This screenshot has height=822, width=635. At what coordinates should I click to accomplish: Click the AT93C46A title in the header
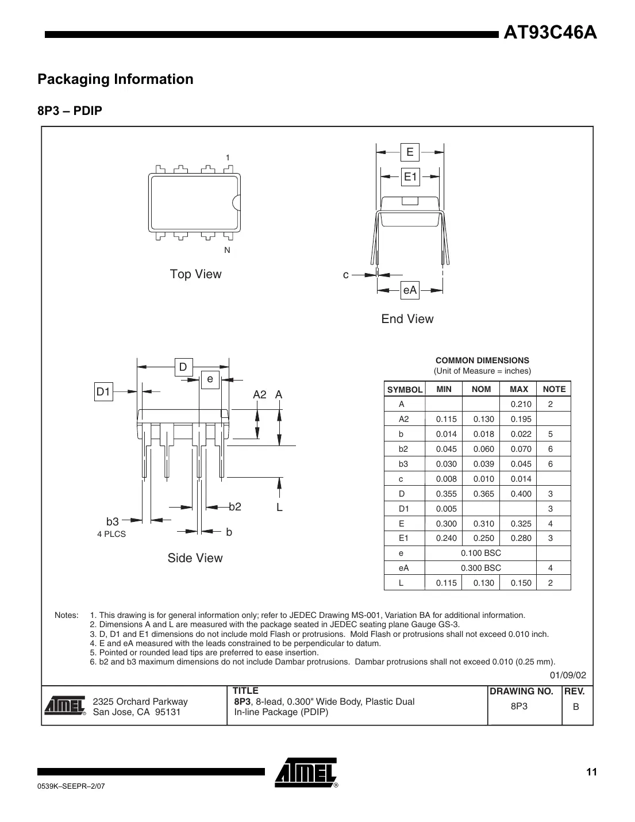(x=550, y=33)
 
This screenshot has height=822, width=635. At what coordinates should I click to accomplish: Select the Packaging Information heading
(x=116, y=79)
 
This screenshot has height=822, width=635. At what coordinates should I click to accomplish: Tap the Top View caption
(x=195, y=274)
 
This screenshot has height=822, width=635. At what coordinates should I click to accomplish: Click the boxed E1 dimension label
(x=410, y=177)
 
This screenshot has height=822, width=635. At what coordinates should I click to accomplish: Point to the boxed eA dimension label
(x=410, y=290)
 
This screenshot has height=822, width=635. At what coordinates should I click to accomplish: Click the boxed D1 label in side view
(x=103, y=392)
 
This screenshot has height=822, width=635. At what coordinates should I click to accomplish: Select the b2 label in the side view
(x=235, y=507)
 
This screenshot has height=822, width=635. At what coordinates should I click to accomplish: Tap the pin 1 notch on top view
(x=236, y=202)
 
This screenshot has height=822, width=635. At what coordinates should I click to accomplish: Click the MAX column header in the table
(x=518, y=389)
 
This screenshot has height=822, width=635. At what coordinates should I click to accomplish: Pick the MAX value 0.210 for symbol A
(x=521, y=404)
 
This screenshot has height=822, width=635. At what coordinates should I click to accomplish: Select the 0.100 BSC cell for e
(x=481, y=553)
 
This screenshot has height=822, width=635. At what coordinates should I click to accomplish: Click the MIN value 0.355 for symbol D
(x=446, y=494)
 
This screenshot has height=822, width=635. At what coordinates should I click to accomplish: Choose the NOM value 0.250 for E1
(x=483, y=539)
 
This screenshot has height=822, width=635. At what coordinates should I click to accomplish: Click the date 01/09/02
(x=568, y=675)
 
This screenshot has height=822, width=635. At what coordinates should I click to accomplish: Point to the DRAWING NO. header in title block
(x=521, y=692)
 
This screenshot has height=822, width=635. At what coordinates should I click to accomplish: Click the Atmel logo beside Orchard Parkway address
(x=64, y=706)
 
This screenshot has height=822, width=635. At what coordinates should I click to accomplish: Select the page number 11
(x=591, y=772)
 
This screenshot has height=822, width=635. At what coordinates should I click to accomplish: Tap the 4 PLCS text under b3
(x=111, y=535)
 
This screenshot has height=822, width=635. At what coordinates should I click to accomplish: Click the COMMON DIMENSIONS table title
(x=482, y=360)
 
